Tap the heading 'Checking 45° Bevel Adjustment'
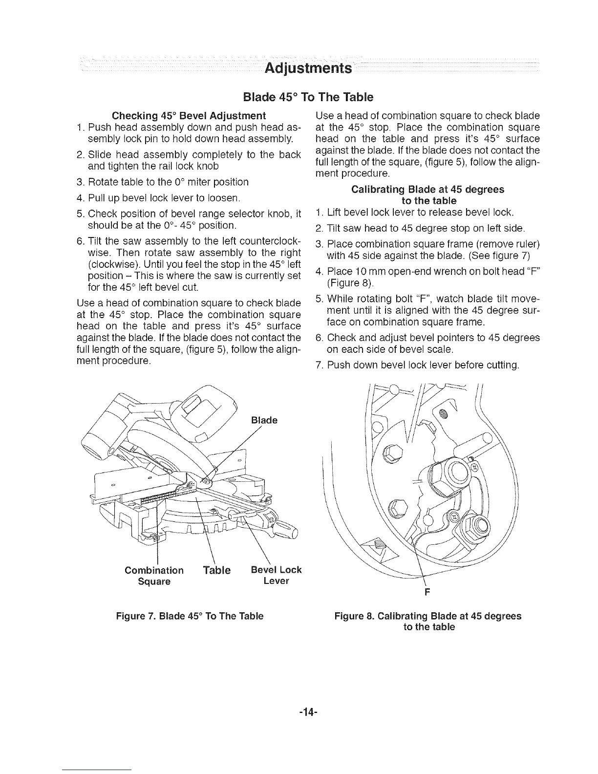tap(189, 116)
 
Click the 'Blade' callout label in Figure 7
tap(264, 420)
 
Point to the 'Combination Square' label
tap(154, 576)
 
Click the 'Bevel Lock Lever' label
tap(276, 576)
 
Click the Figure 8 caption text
tap(428, 622)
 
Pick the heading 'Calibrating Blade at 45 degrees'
tap(428, 189)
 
